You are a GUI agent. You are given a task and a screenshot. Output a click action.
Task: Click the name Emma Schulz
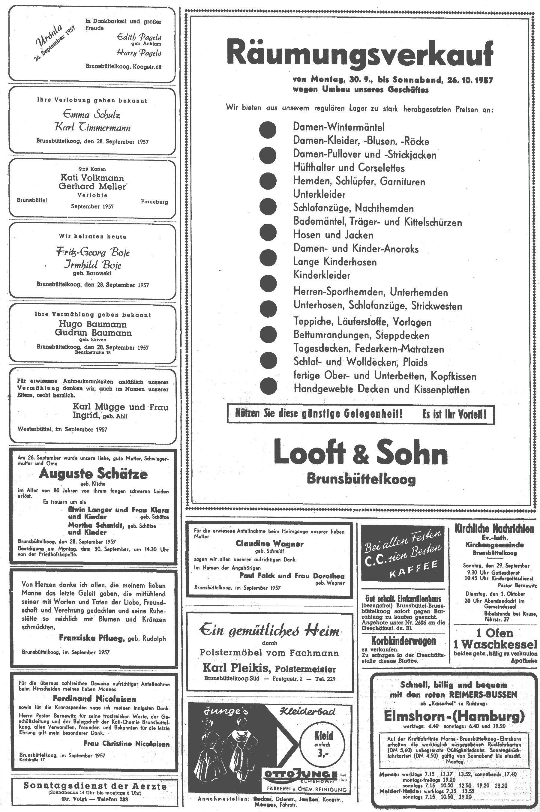coord(91,114)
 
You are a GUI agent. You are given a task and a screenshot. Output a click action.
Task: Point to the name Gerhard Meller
coord(92,186)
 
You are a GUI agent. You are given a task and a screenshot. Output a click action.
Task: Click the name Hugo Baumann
coord(93,324)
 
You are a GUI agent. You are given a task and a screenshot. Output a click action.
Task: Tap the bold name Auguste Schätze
coord(93,474)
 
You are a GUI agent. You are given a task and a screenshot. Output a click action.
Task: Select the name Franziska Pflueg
coord(91,638)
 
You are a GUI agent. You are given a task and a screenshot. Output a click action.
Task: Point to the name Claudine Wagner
coord(270,544)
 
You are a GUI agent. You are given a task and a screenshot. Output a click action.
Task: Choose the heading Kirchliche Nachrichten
coord(494,529)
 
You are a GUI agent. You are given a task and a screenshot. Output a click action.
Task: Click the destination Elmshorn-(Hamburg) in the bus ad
coord(454,717)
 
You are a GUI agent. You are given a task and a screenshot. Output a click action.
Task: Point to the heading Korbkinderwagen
coord(403,641)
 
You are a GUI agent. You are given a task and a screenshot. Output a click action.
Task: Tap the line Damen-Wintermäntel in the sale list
coord(338,127)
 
